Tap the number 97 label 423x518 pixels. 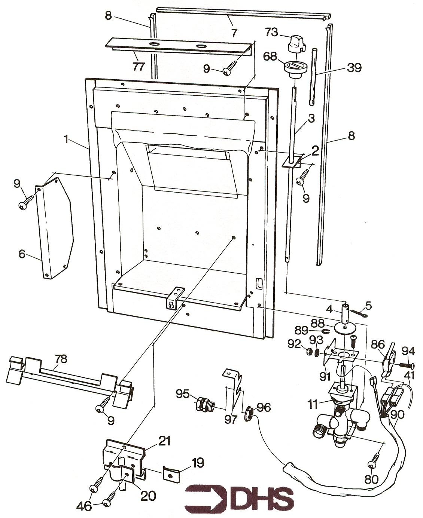point(231,419)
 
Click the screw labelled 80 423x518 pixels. point(374,462)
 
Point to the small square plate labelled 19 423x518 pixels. point(170,474)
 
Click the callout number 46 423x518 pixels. point(84,506)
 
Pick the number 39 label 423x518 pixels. point(354,68)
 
